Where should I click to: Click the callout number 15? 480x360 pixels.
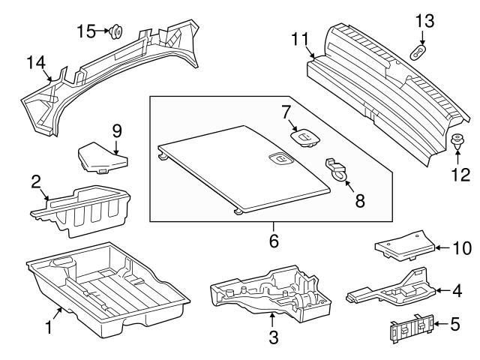[x=87, y=31]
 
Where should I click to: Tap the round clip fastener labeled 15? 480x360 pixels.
[x=116, y=32]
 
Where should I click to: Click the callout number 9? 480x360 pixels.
[x=117, y=130]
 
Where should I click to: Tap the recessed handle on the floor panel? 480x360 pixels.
[x=279, y=158]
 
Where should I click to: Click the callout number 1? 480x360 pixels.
[x=49, y=326]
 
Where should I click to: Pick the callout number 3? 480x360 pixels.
[x=273, y=338]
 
